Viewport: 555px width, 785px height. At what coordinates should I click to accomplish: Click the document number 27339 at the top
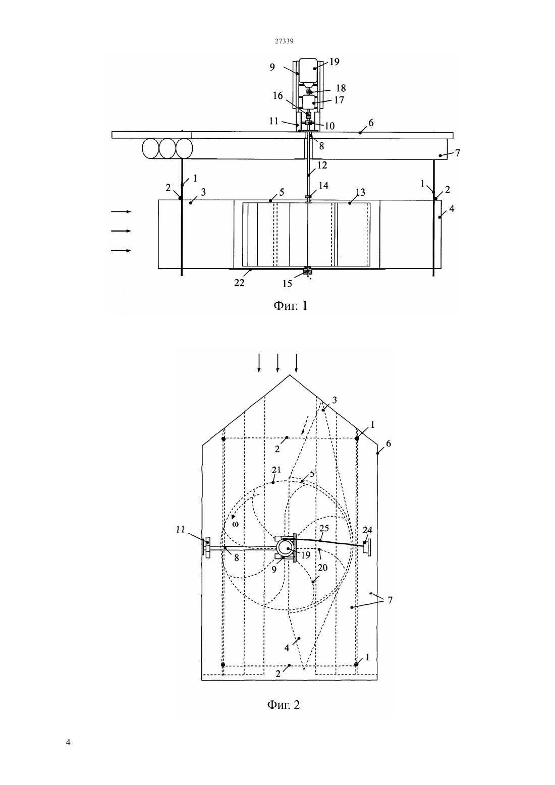tap(284, 41)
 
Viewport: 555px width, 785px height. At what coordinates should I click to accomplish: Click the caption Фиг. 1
tap(290, 306)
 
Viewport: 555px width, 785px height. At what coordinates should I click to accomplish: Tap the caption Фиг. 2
tap(284, 704)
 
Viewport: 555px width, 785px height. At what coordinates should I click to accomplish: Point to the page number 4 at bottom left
tap(68, 742)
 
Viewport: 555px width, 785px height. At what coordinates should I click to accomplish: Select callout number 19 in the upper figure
tap(334, 62)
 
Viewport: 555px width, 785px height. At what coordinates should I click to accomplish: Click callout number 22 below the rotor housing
tap(239, 283)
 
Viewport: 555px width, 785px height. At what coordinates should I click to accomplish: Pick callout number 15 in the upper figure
tap(287, 284)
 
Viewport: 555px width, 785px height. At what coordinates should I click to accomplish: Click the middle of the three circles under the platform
tap(167, 149)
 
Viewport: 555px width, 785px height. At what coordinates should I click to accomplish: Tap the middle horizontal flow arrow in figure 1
tap(121, 231)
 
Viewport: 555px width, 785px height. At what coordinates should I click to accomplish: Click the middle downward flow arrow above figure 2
tap(277, 363)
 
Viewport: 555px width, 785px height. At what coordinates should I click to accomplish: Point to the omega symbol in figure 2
tap(236, 524)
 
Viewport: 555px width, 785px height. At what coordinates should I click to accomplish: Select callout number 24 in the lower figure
tap(367, 530)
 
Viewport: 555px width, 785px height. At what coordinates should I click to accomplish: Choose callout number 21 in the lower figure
tap(276, 469)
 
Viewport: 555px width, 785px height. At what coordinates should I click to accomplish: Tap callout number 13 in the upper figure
tap(360, 192)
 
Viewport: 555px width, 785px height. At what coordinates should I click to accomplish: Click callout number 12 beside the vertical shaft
tap(322, 164)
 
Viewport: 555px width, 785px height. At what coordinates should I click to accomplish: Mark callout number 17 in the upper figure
tap(339, 100)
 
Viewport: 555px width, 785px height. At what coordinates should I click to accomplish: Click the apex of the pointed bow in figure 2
tap(290, 375)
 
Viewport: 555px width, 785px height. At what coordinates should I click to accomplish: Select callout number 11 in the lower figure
tap(180, 530)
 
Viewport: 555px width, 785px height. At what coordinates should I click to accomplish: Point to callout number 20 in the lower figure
tap(322, 568)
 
